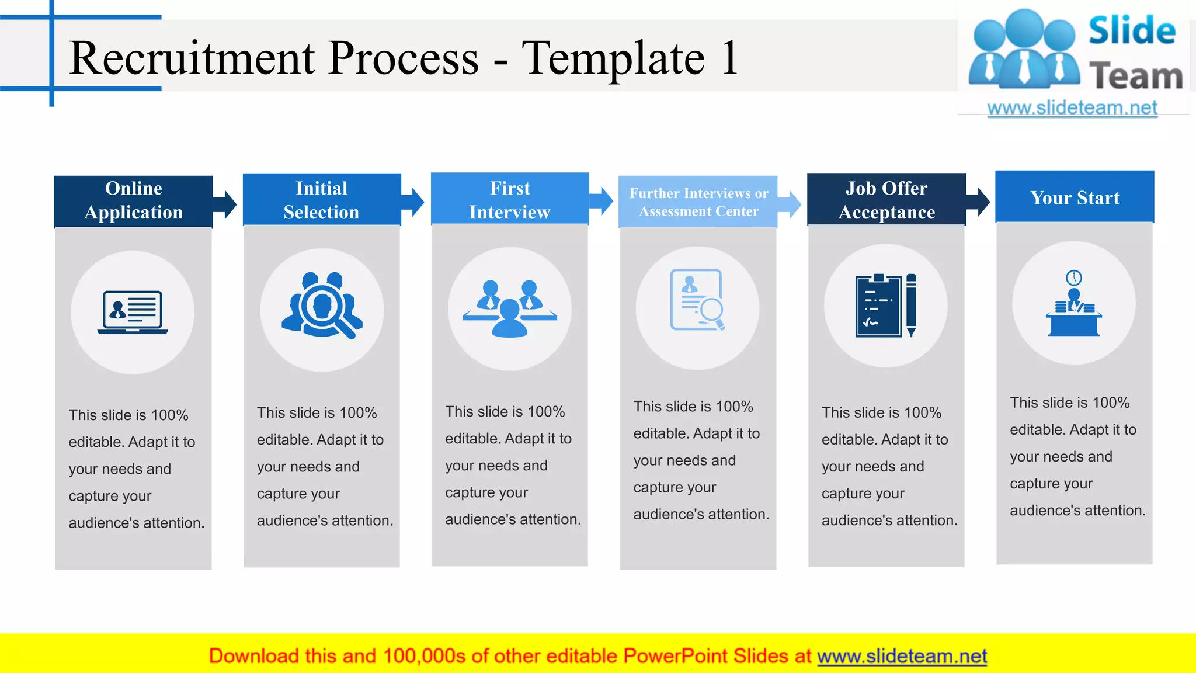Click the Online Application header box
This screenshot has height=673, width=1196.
pos(133,200)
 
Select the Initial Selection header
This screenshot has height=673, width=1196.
pos(321,200)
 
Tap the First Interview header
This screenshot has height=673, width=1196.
pos(509,199)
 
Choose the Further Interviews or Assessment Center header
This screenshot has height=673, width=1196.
pos(698,202)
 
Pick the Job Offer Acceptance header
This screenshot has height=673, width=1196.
pos(886,200)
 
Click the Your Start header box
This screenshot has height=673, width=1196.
pos(1075,197)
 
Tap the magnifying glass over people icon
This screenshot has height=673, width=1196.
pos(322,306)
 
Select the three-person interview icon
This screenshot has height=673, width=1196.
pos(510,308)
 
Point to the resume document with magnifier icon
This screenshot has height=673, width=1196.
pos(697,300)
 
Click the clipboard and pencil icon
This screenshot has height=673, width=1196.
pos(885,306)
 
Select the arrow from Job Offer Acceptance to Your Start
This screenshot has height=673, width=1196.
pos(979,202)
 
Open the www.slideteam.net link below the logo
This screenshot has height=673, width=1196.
pos(1072,108)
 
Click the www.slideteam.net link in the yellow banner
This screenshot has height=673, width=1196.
pos(902,656)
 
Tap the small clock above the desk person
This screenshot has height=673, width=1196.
pos(1073,277)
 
